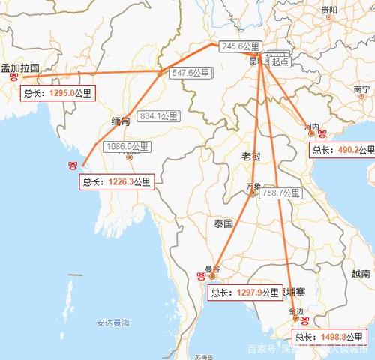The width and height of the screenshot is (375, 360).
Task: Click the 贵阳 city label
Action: (x=328, y=10)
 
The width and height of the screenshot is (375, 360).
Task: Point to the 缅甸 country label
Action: (x=120, y=121)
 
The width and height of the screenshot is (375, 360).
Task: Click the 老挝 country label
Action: (x=251, y=157)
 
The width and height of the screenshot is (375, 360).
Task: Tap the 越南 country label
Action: (x=363, y=274)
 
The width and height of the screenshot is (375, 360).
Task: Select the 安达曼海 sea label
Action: (x=112, y=323)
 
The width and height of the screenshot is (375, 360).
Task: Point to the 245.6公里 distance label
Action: (x=240, y=46)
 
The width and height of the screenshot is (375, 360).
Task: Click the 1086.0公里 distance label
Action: (x=128, y=146)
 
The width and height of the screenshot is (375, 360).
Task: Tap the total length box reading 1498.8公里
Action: (x=329, y=337)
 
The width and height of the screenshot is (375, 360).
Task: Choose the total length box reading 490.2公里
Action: (x=343, y=150)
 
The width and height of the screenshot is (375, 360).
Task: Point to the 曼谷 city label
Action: (x=212, y=268)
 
